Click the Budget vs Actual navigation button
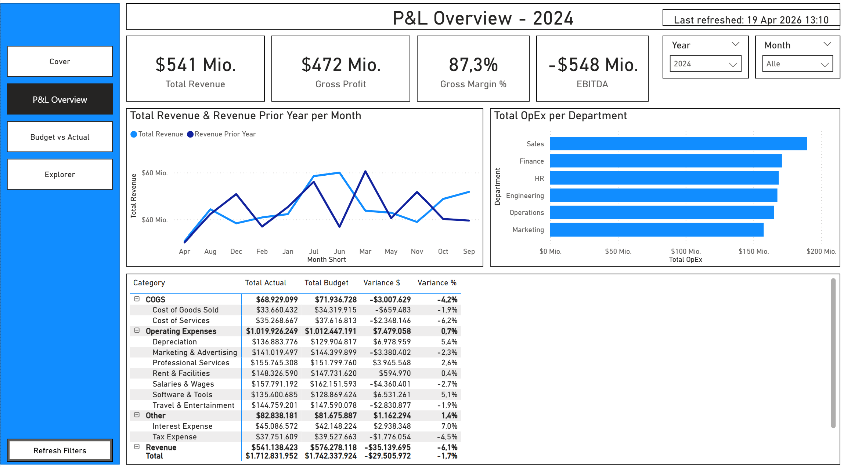pos(60,137)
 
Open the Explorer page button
pos(60,174)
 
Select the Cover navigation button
pos(60,61)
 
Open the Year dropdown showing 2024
pos(705,64)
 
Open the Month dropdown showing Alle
pos(797,64)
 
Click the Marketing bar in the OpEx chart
pos(657,230)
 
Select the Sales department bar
pos(678,144)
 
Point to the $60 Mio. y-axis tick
pos(155,173)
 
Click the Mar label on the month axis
pos(365,251)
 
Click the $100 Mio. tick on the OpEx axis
pos(686,251)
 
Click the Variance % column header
pos(437,283)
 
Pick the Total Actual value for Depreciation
pos(275,342)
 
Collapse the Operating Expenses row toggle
pos(137,330)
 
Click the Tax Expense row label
pos(174,437)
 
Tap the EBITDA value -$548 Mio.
pos(593,65)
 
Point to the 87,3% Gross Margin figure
pos(473,65)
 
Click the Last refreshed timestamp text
pos(751,20)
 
